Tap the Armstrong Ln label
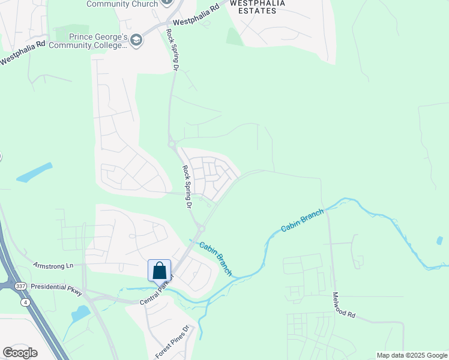tap(53, 265)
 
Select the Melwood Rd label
tap(344, 306)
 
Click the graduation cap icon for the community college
tap(137, 40)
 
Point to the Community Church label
tap(122, 4)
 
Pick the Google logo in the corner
tap(20, 353)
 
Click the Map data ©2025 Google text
tap(412, 355)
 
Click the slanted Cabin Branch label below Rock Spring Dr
tap(215, 259)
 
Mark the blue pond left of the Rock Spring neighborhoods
tap(34, 172)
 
